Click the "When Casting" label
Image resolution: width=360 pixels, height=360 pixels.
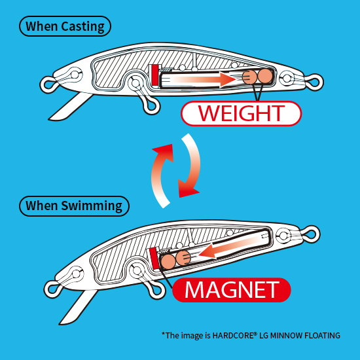(65, 26)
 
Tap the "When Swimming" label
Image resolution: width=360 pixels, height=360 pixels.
(74, 206)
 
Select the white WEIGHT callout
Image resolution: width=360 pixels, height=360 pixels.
(241, 113)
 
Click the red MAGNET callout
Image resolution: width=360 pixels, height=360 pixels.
(232, 290)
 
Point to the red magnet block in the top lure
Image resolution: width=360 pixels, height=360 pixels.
(155, 75)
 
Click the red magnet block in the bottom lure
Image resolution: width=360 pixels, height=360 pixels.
(154, 259)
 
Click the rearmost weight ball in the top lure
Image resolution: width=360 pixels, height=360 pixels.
(265, 76)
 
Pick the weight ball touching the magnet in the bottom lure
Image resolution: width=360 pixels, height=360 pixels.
(168, 262)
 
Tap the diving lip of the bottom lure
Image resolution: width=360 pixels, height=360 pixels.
(78, 307)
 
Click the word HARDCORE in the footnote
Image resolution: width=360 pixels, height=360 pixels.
(234, 335)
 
